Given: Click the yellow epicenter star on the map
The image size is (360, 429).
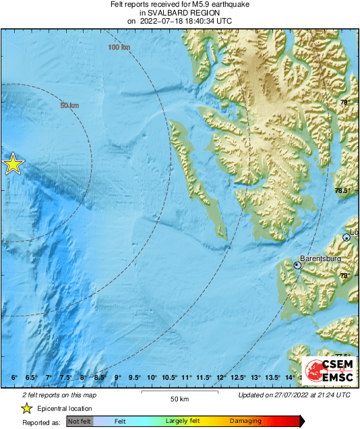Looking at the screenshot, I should pos(12,164).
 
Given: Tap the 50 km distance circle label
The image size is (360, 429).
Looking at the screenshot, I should pos(69,105).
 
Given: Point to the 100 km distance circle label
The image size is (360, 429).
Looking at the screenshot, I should pos(118,47).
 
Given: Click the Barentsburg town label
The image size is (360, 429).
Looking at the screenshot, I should pos(321,257).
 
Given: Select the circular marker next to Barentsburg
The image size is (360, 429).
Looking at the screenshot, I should pos(297,266).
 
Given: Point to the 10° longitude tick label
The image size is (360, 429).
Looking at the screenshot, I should pos(152,377).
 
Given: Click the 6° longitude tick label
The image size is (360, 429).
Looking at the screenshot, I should pos(14,377).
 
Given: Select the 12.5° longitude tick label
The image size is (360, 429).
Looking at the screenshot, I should pos(239,377).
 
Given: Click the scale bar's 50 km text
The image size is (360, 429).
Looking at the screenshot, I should pos(179,399).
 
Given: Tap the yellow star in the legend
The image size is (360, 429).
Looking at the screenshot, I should pos(27,408).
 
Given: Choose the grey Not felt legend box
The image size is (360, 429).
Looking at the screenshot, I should pos(80,422).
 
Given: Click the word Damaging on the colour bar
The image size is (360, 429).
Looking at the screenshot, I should pos(245,422).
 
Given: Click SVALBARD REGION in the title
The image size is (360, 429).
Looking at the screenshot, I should pos(179,12).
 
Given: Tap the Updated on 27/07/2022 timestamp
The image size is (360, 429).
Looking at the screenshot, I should pos(295,394).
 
